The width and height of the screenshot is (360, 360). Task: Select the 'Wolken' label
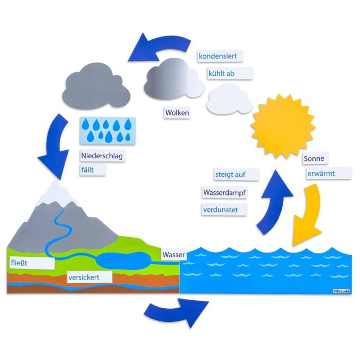[177, 112]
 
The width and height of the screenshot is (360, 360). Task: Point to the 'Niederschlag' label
[102, 156]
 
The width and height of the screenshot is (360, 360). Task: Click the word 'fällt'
[87, 170]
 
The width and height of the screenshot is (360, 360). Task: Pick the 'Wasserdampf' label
[224, 192]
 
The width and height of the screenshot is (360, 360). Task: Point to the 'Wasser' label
[174, 255]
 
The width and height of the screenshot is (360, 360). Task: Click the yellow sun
[283, 127]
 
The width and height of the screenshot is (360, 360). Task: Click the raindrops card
[107, 131]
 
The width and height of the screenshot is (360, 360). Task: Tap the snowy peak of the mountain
[55, 194]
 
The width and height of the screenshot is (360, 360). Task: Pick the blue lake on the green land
[123, 261]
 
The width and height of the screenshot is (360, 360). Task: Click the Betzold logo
[341, 291]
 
